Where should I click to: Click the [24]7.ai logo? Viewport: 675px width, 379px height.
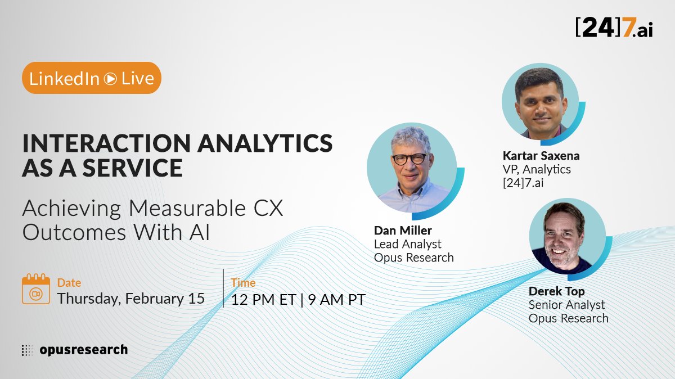point(614,28)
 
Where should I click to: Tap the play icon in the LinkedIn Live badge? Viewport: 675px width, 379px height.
point(110,79)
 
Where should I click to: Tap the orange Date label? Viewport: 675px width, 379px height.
point(69,283)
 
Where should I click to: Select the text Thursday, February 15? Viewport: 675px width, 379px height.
point(130,298)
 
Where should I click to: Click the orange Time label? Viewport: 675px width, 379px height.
point(243,283)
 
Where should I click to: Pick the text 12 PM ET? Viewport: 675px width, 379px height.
point(263,299)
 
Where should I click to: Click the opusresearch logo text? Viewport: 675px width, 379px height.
point(83,350)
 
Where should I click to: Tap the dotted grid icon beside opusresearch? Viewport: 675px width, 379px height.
point(27,350)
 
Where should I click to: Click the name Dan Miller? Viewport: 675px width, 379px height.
point(403,231)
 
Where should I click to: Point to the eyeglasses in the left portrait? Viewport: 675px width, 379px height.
point(409,159)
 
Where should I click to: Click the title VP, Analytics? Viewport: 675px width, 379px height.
point(537,169)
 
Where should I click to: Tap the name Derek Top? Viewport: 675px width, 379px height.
point(556,291)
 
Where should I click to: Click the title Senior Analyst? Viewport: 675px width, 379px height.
point(566,305)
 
